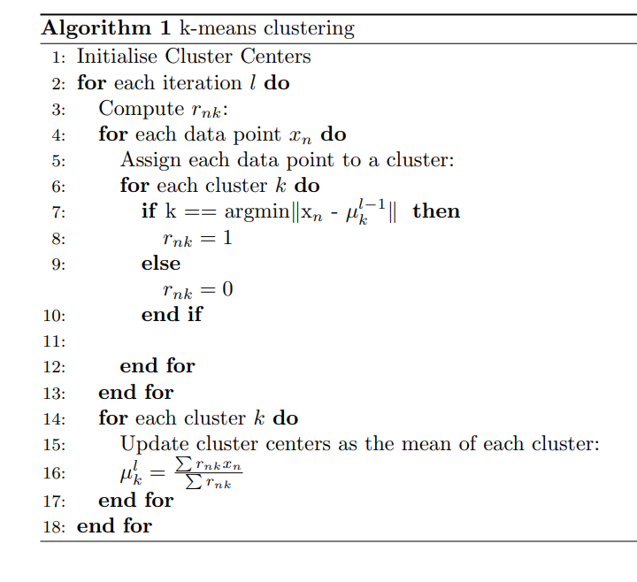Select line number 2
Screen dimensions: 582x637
tap(58, 84)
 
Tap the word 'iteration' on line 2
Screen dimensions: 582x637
tap(200, 83)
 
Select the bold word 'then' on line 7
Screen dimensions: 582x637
tap(436, 211)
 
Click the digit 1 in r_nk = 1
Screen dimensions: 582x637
tap(228, 238)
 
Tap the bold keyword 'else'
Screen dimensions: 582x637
tap(160, 264)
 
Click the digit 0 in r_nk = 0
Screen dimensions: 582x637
tap(228, 289)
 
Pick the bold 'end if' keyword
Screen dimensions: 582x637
tap(172, 315)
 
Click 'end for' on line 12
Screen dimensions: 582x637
tap(157, 366)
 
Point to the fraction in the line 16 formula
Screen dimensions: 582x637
tap(209, 473)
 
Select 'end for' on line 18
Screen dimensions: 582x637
tap(114, 526)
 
